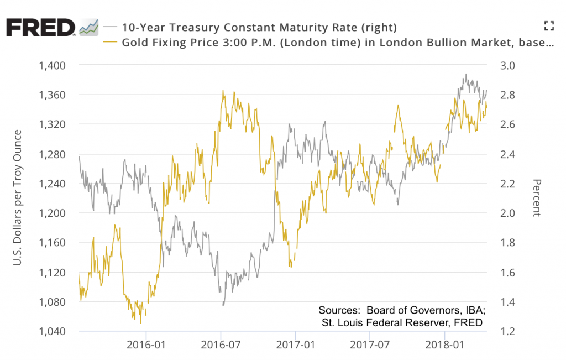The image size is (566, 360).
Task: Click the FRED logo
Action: coord(40,27)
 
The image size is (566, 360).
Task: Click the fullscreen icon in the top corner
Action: coord(548,25)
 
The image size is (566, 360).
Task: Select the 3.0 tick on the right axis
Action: coord(508,65)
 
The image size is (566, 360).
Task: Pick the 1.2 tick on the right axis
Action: coord(508,332)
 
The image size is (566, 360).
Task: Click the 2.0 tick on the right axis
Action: coord(508,213)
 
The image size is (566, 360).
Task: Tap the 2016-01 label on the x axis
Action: coord(146,346)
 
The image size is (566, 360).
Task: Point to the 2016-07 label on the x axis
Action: coord(221,346)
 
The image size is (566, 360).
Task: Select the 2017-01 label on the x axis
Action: coord(296,346)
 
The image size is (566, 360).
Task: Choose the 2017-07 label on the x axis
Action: coord(369,346)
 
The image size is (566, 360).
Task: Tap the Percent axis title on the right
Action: coord(536,198)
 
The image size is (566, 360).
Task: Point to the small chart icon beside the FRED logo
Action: coord(89,27)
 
